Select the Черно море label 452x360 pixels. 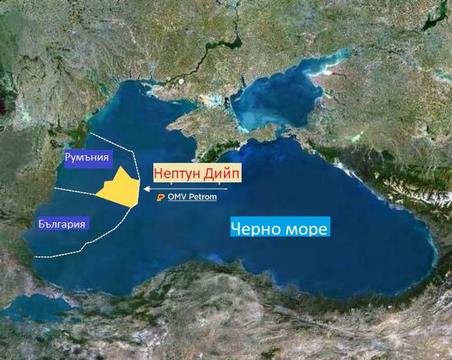(x=279, y=228)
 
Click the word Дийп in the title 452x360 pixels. (x=222, y=174)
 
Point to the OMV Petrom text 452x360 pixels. (x=192, y=197)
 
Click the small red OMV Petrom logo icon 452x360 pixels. (x=161, y=198)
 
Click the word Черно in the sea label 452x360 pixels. (x=255, y=228)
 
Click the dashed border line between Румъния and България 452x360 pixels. (x=73, y=190)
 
